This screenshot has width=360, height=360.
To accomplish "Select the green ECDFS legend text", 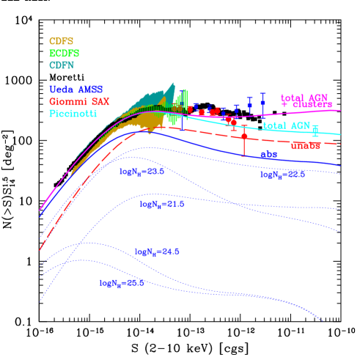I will [x=64, y=54].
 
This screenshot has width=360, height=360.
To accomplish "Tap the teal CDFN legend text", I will [x=62, y=65].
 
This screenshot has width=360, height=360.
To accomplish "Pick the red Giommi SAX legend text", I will [x=78, y=101].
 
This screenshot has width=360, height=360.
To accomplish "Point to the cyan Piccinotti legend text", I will [x=73, y=113].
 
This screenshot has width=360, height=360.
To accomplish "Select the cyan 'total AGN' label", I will [x=286, y=126].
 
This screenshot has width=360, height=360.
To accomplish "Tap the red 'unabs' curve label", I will [x=305, y=146].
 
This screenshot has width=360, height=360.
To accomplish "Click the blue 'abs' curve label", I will [x=269, y=155].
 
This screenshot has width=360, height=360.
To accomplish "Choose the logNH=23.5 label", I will [x=142, y=171].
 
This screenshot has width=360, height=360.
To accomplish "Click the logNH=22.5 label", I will [x=282, y=175].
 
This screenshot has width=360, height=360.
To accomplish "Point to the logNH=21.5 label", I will [x=162, y=205].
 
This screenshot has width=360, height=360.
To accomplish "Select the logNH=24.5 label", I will [x=157, y=251].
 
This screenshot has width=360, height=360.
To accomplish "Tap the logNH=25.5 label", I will [x=122, y=282].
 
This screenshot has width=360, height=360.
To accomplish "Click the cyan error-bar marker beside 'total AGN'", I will [x=316, y=130].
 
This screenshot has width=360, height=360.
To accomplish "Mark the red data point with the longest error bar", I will [x=244, y=136].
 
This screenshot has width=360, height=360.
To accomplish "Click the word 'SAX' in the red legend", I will [x=98, y=101].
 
